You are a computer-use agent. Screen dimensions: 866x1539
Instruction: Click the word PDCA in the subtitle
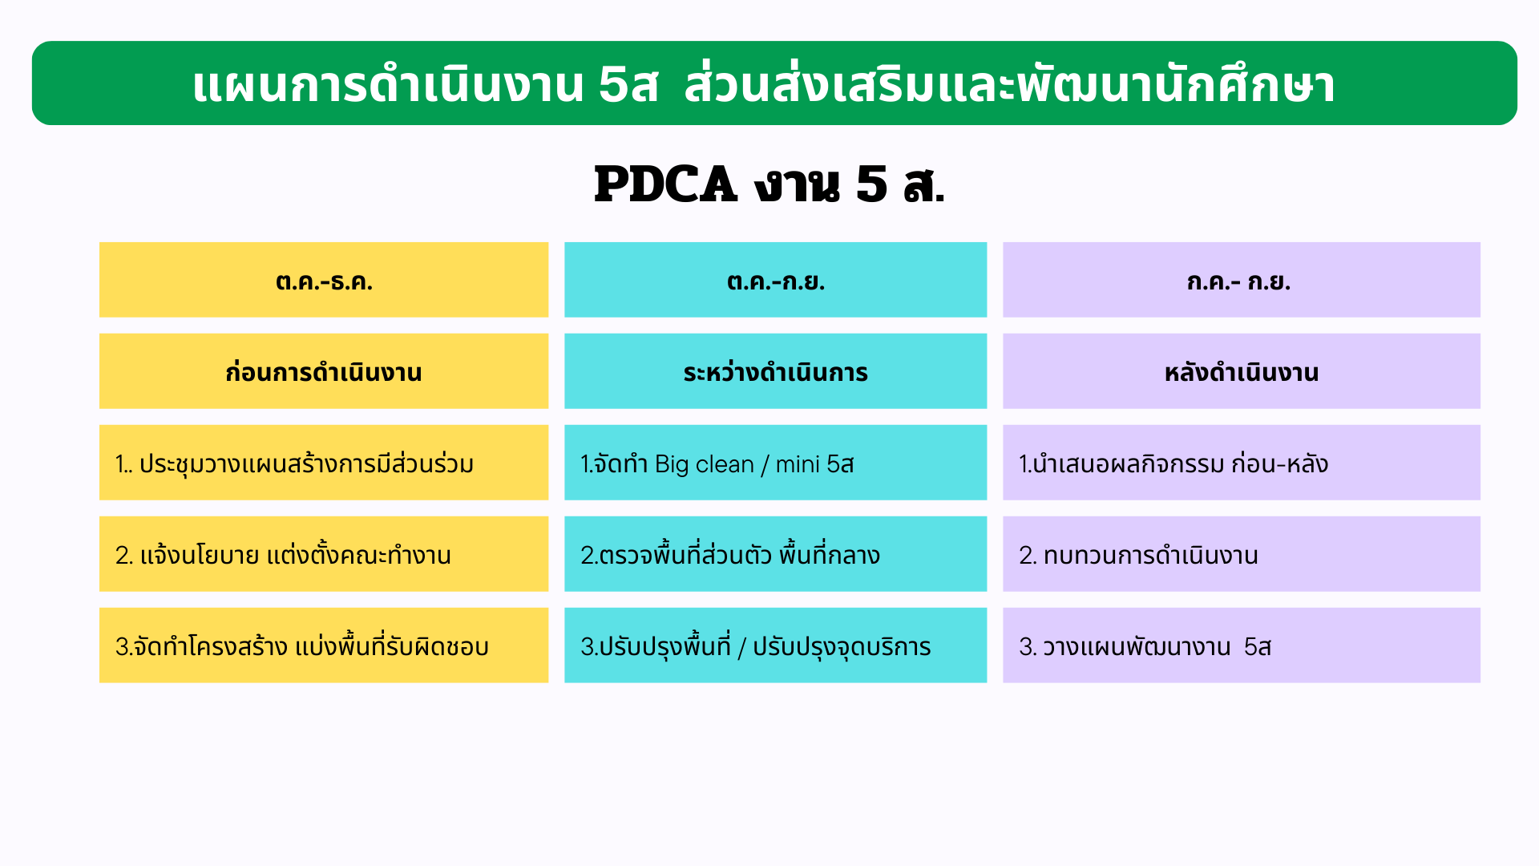[x=665, y=184]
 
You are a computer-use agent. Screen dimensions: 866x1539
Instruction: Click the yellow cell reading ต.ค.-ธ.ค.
[x=324, y=280]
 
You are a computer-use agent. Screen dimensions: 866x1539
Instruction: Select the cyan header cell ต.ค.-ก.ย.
[x=775, y=280]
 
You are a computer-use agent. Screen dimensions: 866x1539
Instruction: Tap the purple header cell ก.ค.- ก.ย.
[x=1241, y=280]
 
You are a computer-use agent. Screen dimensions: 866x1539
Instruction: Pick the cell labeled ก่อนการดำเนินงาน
[x=324, y=371]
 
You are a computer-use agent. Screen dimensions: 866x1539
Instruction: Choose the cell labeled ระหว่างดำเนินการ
[x=775, y=371]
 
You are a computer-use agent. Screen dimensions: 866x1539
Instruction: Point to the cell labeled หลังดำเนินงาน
[x=1241, y=371]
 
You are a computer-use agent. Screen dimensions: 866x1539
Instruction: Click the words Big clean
[x=704, y=464]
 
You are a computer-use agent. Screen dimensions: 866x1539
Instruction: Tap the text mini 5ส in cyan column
[x=814, y=464]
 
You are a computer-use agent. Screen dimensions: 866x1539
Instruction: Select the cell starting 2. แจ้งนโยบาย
[x=324, y=554]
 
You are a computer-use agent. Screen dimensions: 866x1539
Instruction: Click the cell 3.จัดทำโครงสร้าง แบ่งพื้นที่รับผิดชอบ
[x=324, y=645]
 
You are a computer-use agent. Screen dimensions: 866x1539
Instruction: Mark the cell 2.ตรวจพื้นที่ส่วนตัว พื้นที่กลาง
[x=775, y=554]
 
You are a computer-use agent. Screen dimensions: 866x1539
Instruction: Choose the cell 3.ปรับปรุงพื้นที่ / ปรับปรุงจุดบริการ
[x=775, y=645]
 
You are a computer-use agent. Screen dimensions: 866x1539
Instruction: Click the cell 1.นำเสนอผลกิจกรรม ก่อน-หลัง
[x=1241, y=463]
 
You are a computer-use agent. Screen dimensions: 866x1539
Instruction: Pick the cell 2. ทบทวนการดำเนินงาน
[x=1241, y=554]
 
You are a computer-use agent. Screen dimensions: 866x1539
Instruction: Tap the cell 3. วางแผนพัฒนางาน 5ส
[x=1241, y=645]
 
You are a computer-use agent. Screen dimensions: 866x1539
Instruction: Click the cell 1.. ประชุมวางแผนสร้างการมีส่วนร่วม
[x=324, y=463]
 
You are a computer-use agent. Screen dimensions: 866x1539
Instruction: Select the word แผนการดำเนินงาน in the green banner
[x=388, y=85]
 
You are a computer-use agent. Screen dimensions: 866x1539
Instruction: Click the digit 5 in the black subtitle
[x=871, y=184]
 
